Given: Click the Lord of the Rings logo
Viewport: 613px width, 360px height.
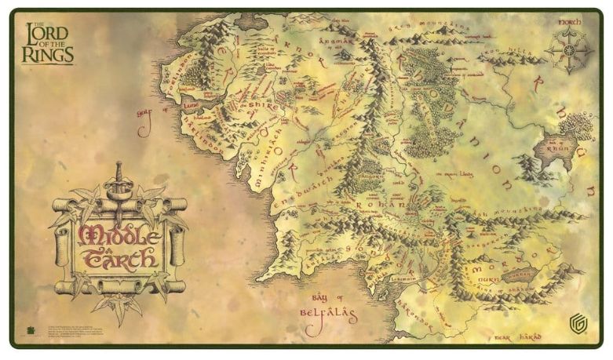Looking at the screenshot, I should pyautogui.click(x=49, y=43).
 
